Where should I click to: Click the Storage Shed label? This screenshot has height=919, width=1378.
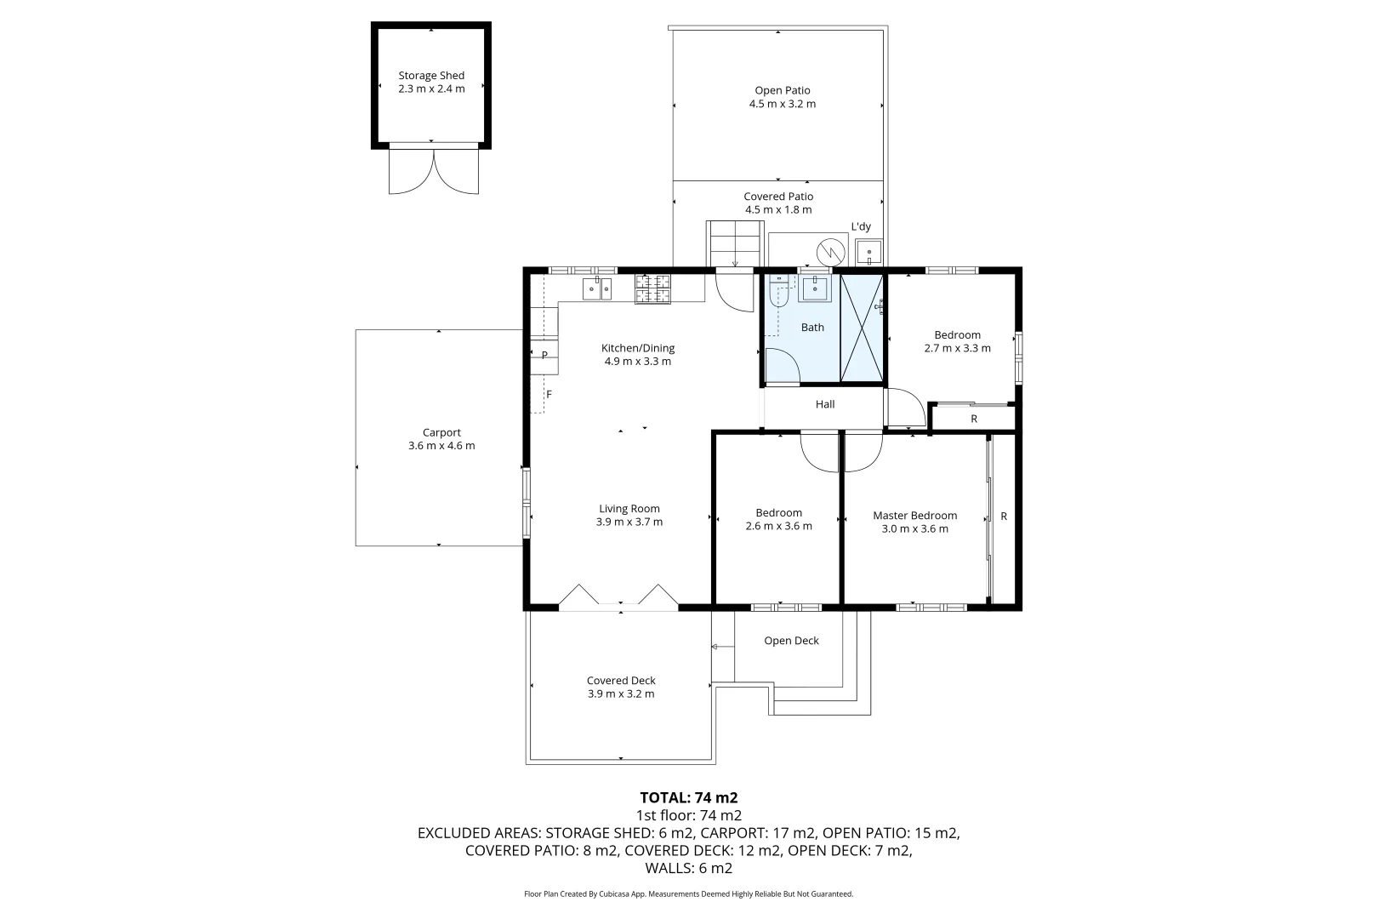pos(431,76)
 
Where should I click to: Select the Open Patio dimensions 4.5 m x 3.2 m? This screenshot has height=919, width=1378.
pos(782,104)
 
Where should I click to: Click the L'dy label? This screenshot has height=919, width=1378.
pos(861,226)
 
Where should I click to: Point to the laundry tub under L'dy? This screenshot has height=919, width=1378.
pos(868,252)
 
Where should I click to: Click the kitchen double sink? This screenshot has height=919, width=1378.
pos(597,289)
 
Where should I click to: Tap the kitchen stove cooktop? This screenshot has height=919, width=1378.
pos(652,288)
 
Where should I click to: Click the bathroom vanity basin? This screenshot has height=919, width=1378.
pos(814,288)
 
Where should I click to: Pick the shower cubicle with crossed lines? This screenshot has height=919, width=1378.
pos(862,328)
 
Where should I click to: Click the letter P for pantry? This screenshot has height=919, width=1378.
pos(544,355)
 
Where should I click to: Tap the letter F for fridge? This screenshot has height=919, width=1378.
pos(549,394)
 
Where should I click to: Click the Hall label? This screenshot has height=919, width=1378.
pos(824,404)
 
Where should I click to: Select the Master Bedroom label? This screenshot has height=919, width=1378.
pos(914,515)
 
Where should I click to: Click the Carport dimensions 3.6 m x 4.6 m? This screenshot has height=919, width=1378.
pos(441,446)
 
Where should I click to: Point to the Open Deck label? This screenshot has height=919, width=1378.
pos(791,641)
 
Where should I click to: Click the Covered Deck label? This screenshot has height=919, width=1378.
pos(621,680)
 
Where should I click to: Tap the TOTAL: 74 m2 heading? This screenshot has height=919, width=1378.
pos(688,797)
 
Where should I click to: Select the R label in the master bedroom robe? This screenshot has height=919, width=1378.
pos(1004,516)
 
